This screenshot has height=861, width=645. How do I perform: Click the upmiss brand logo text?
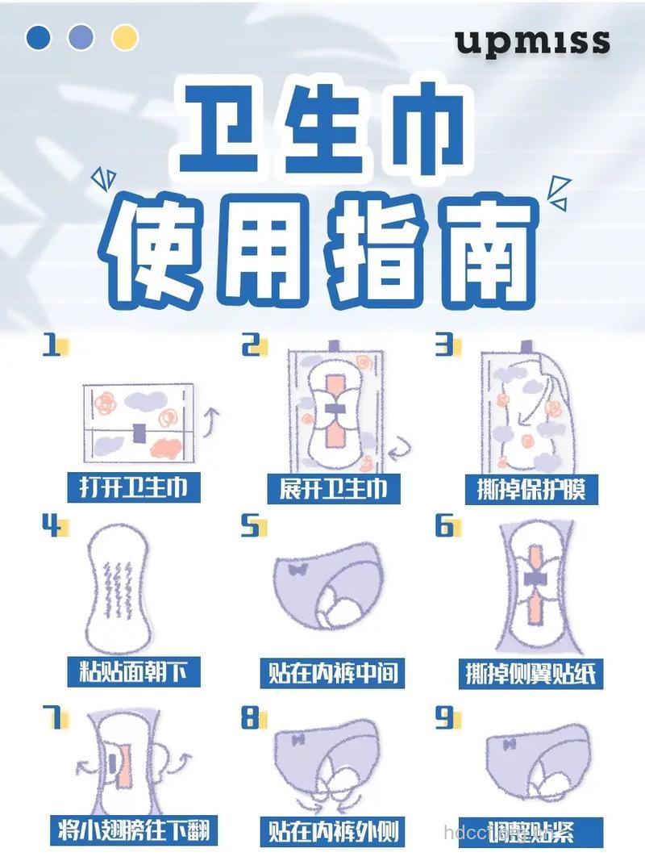click(x=532, y=41)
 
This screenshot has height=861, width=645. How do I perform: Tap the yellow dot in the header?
click(x=125, y=37)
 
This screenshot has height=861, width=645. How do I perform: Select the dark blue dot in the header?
click(x=38, y=37)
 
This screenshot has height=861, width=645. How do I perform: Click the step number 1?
click(x=52, y=347)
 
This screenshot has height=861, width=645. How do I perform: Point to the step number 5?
click(x=251, y=527)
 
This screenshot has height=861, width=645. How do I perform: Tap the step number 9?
click(x=444, y=717)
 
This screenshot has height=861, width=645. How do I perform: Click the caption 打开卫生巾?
click(x=133, y=487)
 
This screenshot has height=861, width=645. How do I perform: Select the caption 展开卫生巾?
click(x=332, y=487)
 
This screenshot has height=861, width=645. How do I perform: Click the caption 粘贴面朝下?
click(x=133, y=671)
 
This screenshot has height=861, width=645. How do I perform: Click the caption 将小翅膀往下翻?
click(x=132, y=830)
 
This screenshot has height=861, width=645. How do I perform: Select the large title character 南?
click(x=489, y=245)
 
